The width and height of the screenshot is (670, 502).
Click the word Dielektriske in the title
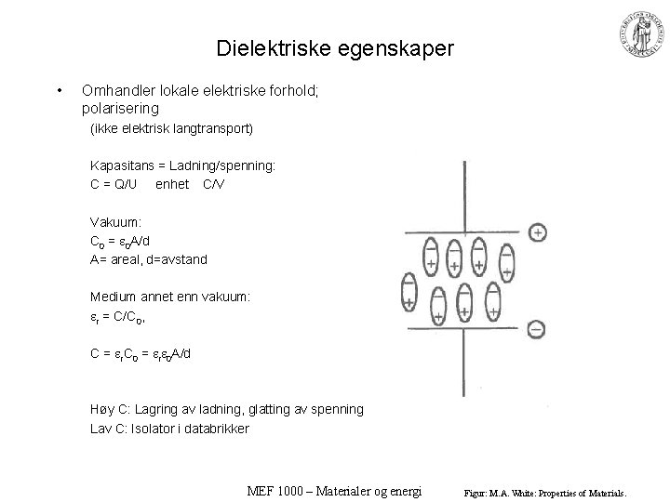[266, 47]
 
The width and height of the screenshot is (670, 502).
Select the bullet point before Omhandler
[59, 90]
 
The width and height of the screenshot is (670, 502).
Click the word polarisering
[120, 108]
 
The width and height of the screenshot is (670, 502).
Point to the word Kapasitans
[121, 165]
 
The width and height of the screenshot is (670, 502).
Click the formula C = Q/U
[114, 184]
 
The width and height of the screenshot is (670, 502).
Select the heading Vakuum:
[116, 222]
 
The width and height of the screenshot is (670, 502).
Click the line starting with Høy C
[227, 409]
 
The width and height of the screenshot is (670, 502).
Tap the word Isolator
[154, 428]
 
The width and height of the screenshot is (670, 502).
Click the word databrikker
[220, 428]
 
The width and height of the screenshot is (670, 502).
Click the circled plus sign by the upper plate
[538, 231]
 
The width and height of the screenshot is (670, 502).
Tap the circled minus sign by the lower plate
[536, 328]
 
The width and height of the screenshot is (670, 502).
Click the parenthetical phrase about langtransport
[171, 127]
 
